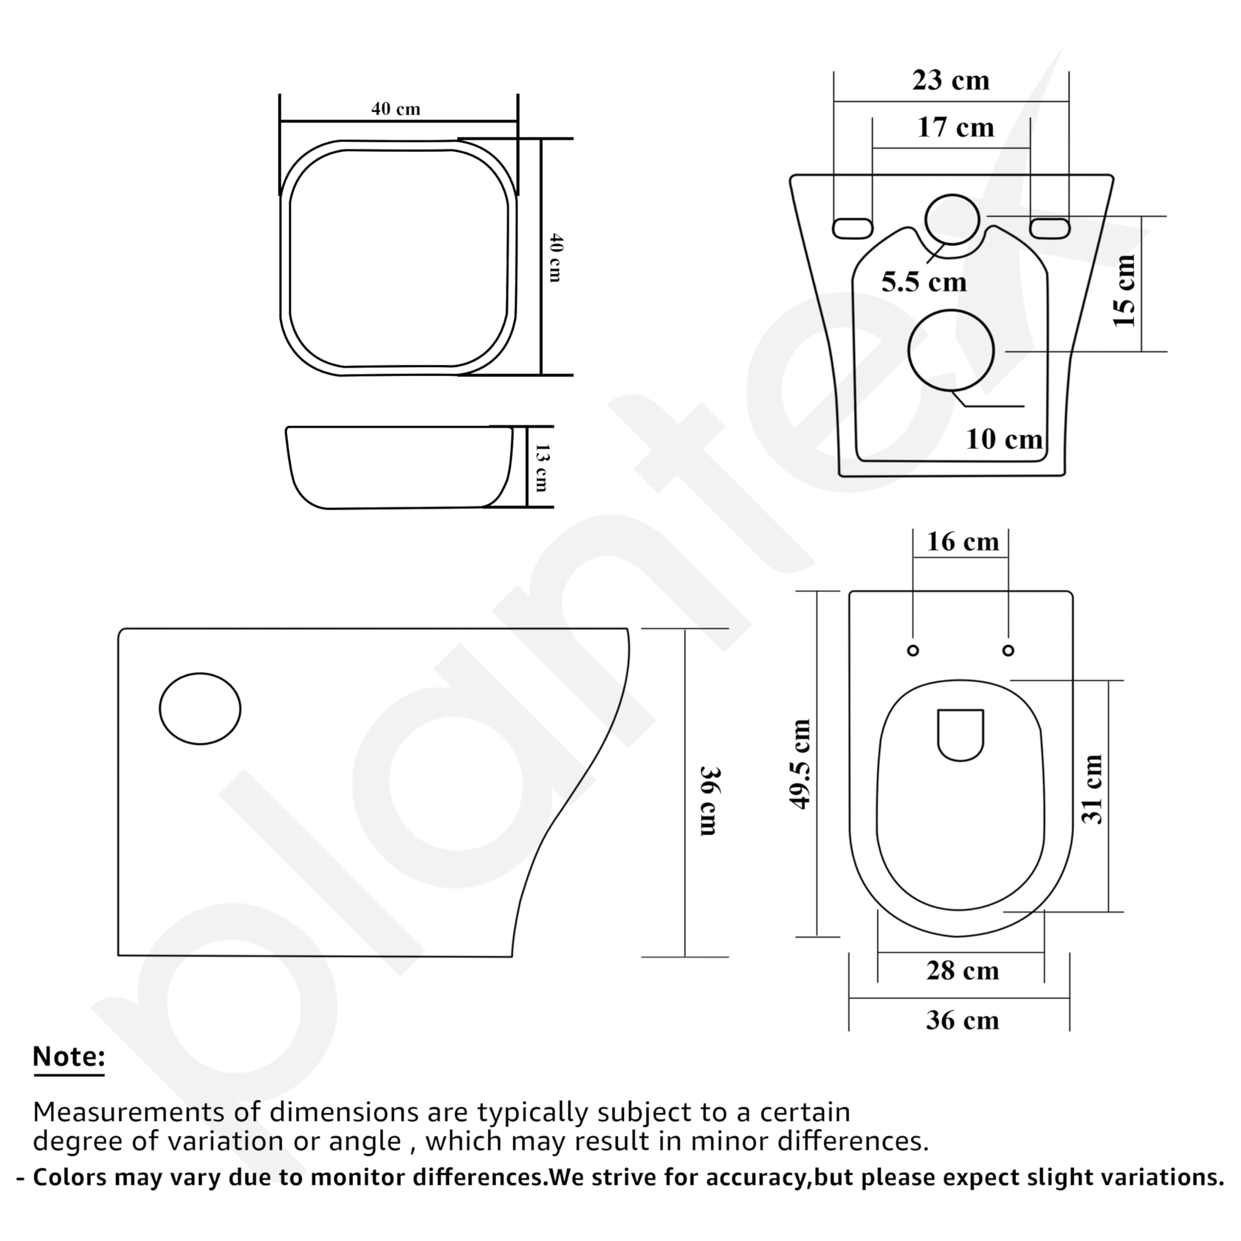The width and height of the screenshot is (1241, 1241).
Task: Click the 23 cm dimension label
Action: pos(951,81)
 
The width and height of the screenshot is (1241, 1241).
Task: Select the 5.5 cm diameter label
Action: pos(923,282)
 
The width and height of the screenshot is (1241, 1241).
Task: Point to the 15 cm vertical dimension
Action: pos(1125,290)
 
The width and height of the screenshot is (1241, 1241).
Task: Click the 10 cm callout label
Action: pos(1004,439)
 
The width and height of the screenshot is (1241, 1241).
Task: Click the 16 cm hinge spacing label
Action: pos(962,542)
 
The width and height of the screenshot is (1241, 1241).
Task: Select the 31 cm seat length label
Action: pos(1093,789)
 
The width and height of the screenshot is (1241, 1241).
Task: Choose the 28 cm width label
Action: pos(962,971)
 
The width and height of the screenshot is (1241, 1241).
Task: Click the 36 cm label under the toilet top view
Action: pos(962,1021)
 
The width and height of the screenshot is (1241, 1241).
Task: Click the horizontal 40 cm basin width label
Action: pos(396,109)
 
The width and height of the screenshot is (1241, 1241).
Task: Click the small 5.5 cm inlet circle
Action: pos(952,220)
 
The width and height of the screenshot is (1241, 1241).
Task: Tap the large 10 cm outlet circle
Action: pos(951,350)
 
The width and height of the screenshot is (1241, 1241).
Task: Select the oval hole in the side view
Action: pos(200,709)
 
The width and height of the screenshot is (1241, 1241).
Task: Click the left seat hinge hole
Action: pos(913,651)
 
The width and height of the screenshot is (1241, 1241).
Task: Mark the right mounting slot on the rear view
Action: pos(1050,228)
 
